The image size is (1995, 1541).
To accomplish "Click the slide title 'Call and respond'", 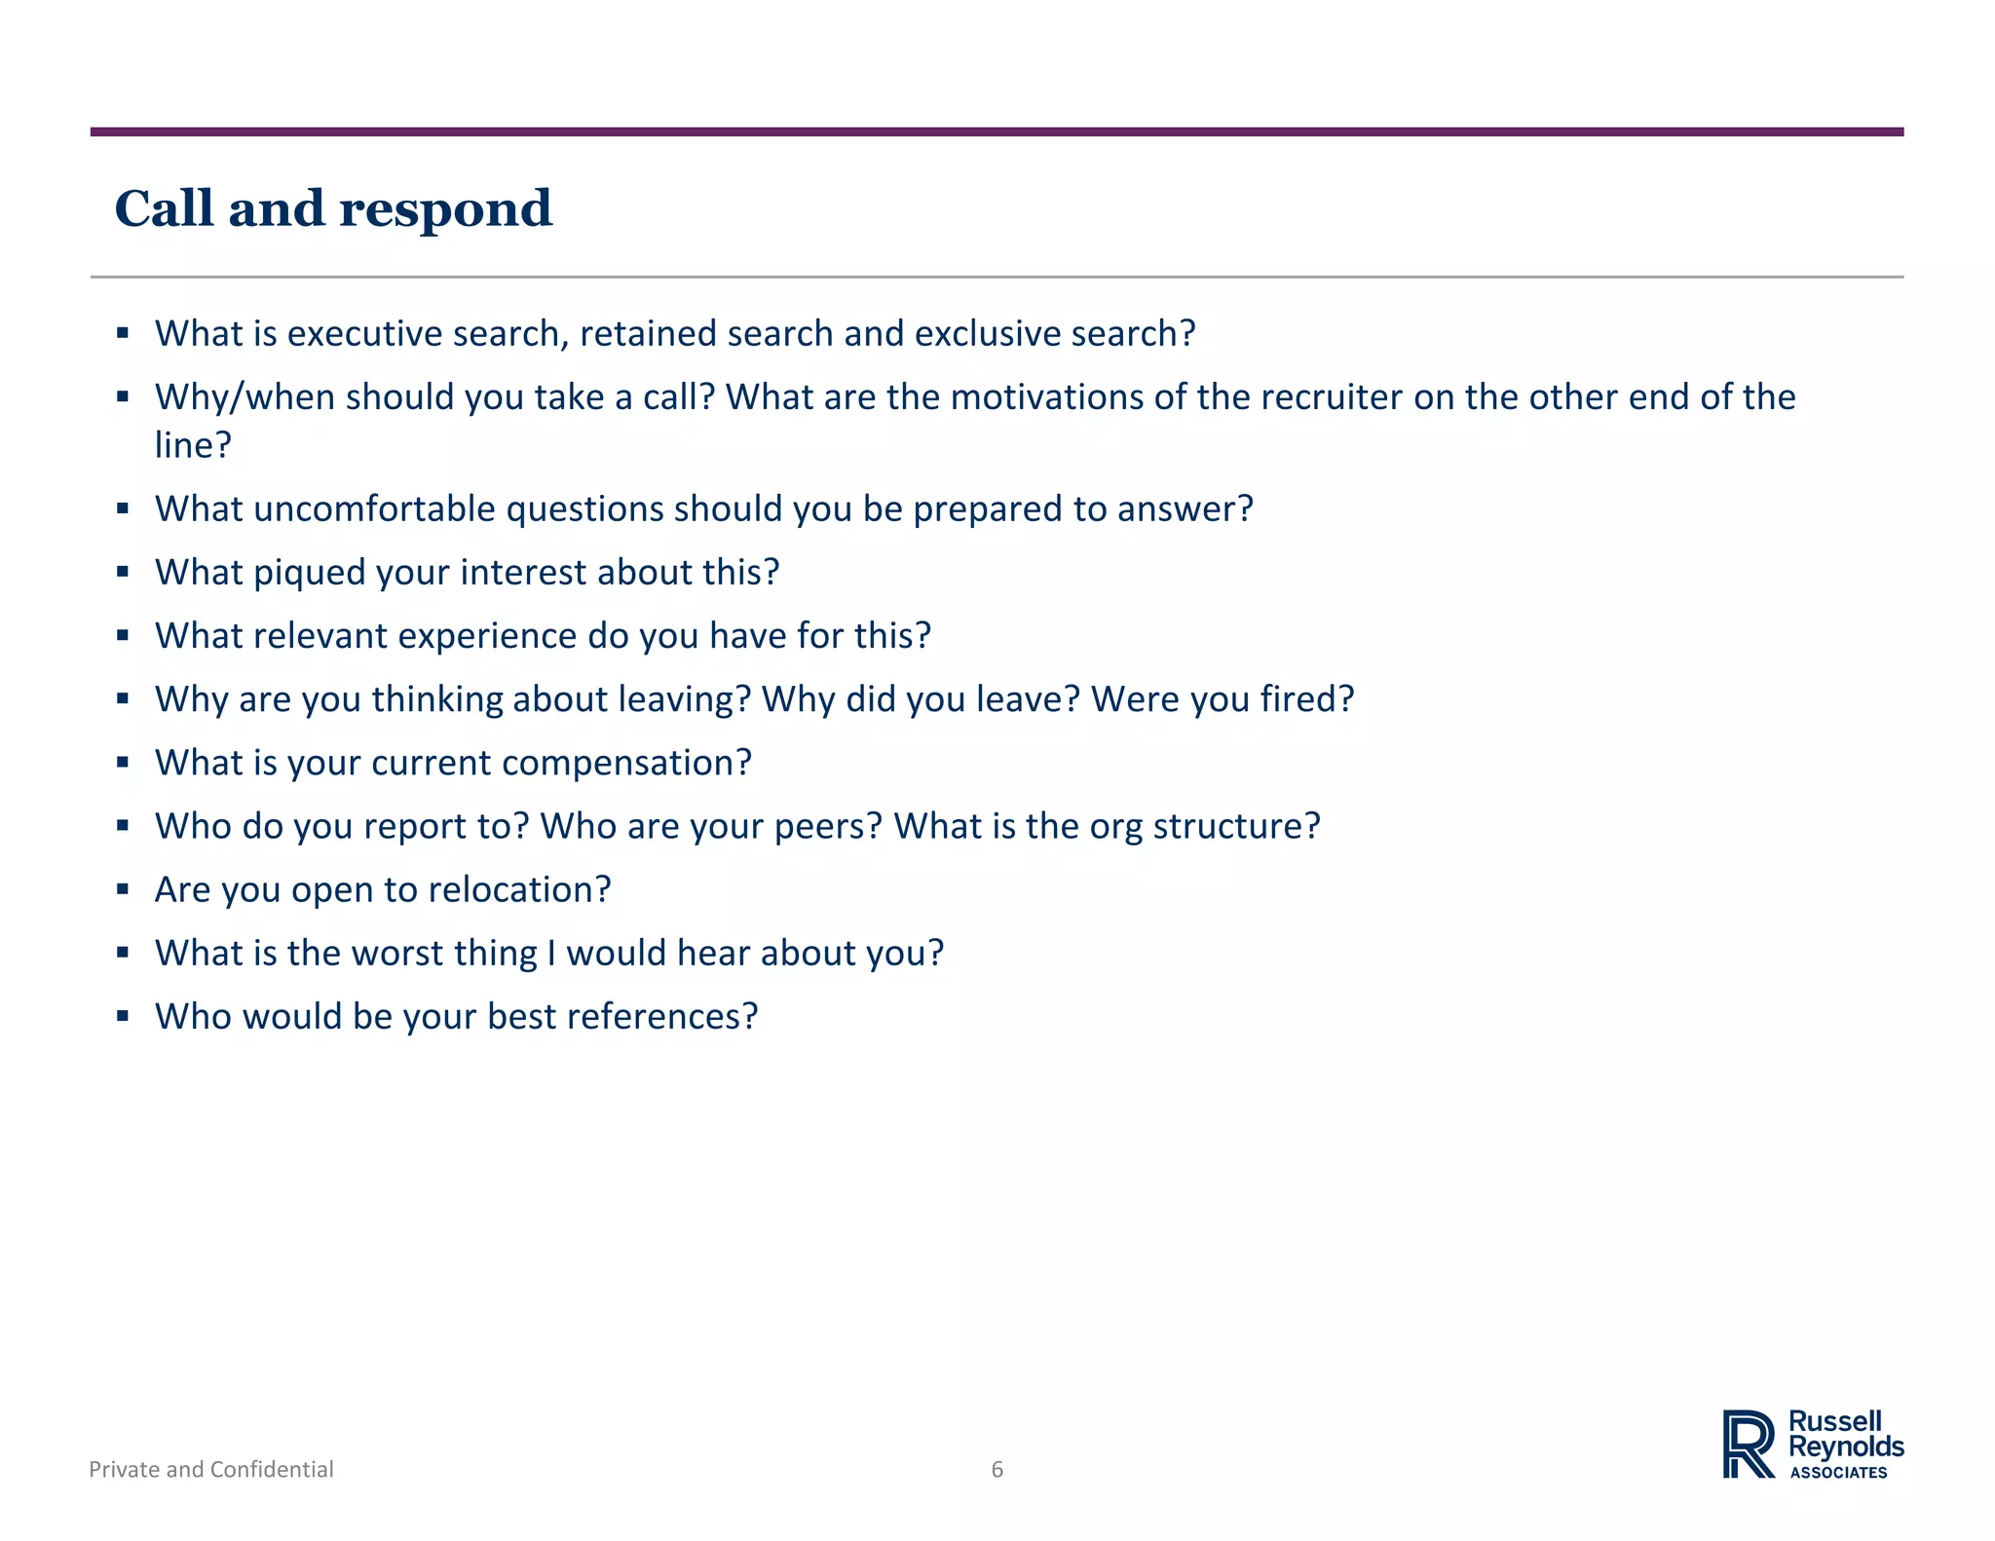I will click(x=333, y=208).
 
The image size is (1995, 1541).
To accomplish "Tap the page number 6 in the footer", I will click(x=997, y=1469).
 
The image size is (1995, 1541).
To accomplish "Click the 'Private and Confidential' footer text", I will click(x=211, y=1469).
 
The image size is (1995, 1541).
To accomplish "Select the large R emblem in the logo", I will click(x=1748, y=1444).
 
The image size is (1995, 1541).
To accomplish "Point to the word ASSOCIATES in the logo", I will click(x=1838, y=1473).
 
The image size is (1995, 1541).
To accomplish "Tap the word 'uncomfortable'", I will click(x=374, y=508).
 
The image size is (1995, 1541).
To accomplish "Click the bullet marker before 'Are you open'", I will click(x=123, y=888).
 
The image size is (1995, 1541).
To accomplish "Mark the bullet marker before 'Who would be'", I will click(x=123, y=1015).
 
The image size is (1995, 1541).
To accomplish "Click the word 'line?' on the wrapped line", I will click(x=193, y=445).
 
